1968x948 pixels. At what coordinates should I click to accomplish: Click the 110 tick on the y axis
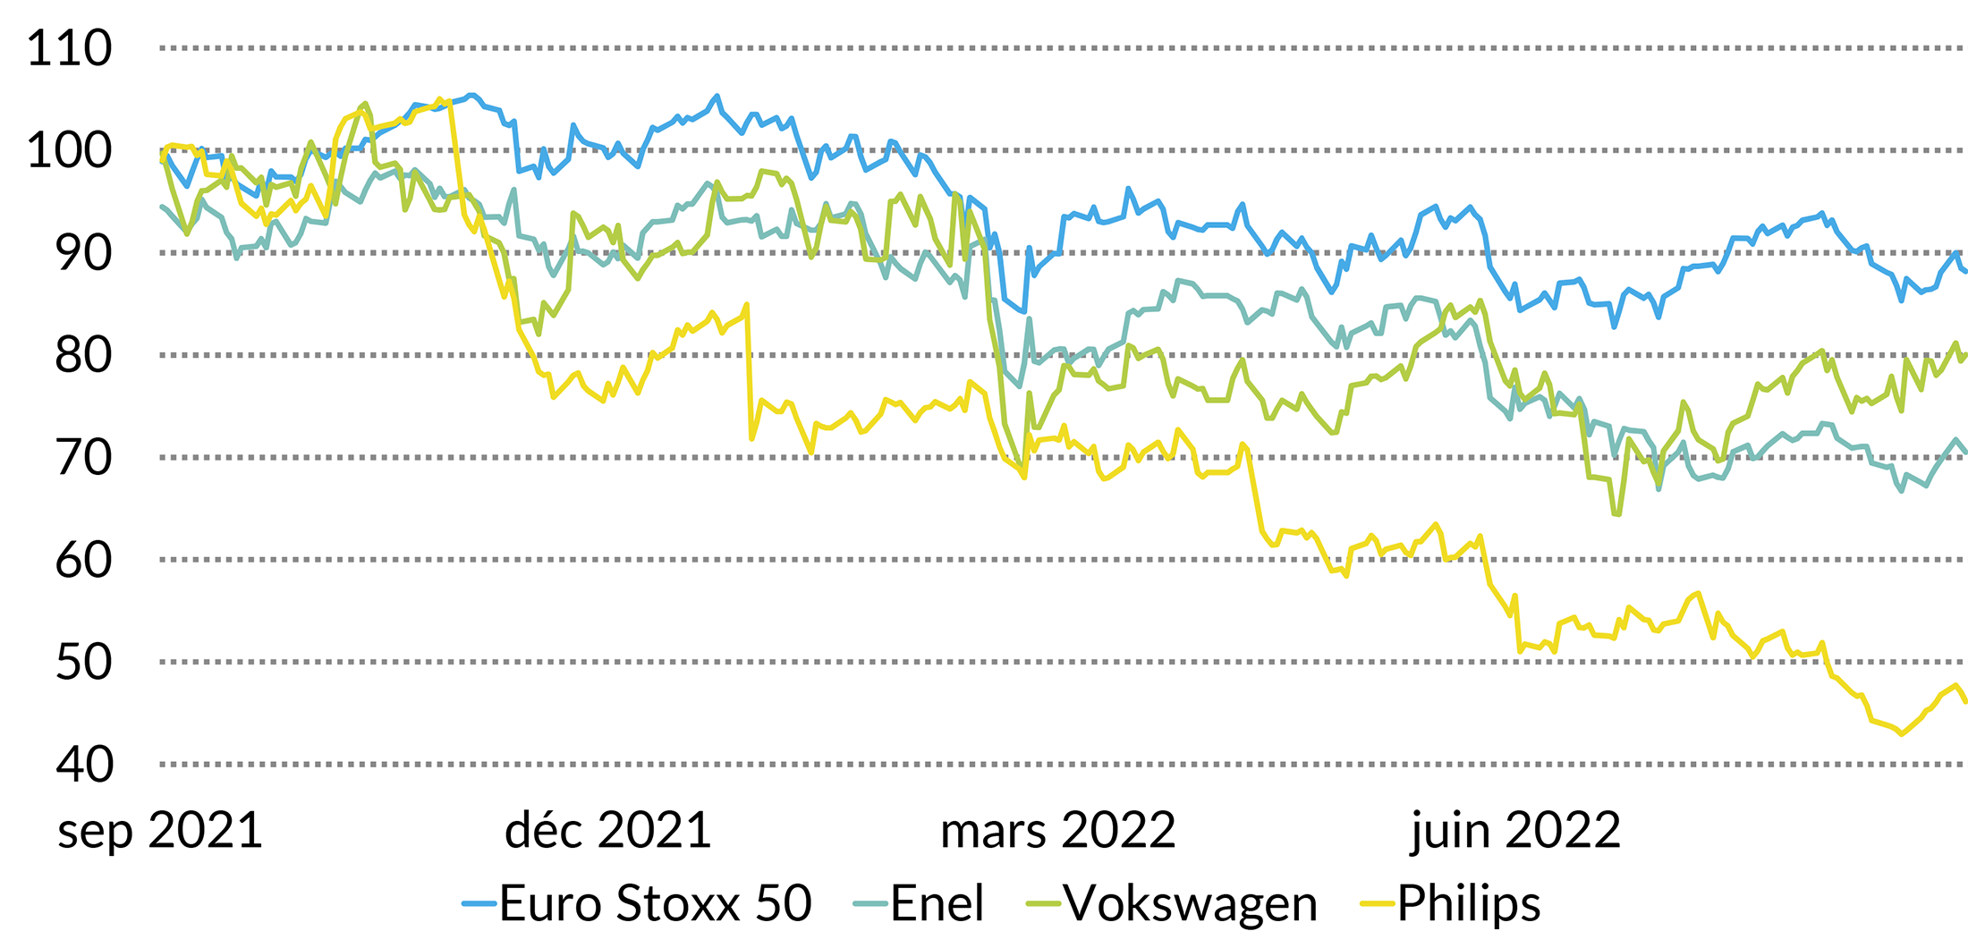pos(70,48)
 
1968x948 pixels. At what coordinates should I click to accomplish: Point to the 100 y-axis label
pos(70,150)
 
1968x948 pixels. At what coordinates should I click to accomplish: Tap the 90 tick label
pos(83,253)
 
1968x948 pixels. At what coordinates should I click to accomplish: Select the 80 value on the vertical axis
pos(83,355)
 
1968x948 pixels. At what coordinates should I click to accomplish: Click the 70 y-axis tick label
pos(83,458)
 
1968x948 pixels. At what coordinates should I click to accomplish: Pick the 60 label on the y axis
pos(83,560)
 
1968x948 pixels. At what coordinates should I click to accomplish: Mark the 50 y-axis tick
pos(83,663)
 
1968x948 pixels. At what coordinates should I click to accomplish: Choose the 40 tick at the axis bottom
pos(83,765)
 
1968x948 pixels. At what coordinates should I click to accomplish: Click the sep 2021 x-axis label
pos(160,831)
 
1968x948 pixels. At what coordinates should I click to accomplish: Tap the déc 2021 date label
pos(607,831)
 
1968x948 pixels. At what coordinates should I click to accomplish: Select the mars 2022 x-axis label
pos(1057,831)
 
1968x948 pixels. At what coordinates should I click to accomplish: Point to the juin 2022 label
pos(1515,831)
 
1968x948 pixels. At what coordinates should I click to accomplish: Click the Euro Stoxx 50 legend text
pos(655,903)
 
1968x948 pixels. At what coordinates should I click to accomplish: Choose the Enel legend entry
pos(937,903)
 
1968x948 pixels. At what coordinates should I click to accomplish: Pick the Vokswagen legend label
pos(1191,903)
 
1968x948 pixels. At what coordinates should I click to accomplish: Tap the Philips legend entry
pos(1469,903)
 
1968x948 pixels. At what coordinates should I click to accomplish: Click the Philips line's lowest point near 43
pos(1902,734)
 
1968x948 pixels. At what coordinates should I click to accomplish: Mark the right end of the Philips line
pos(1965,702)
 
